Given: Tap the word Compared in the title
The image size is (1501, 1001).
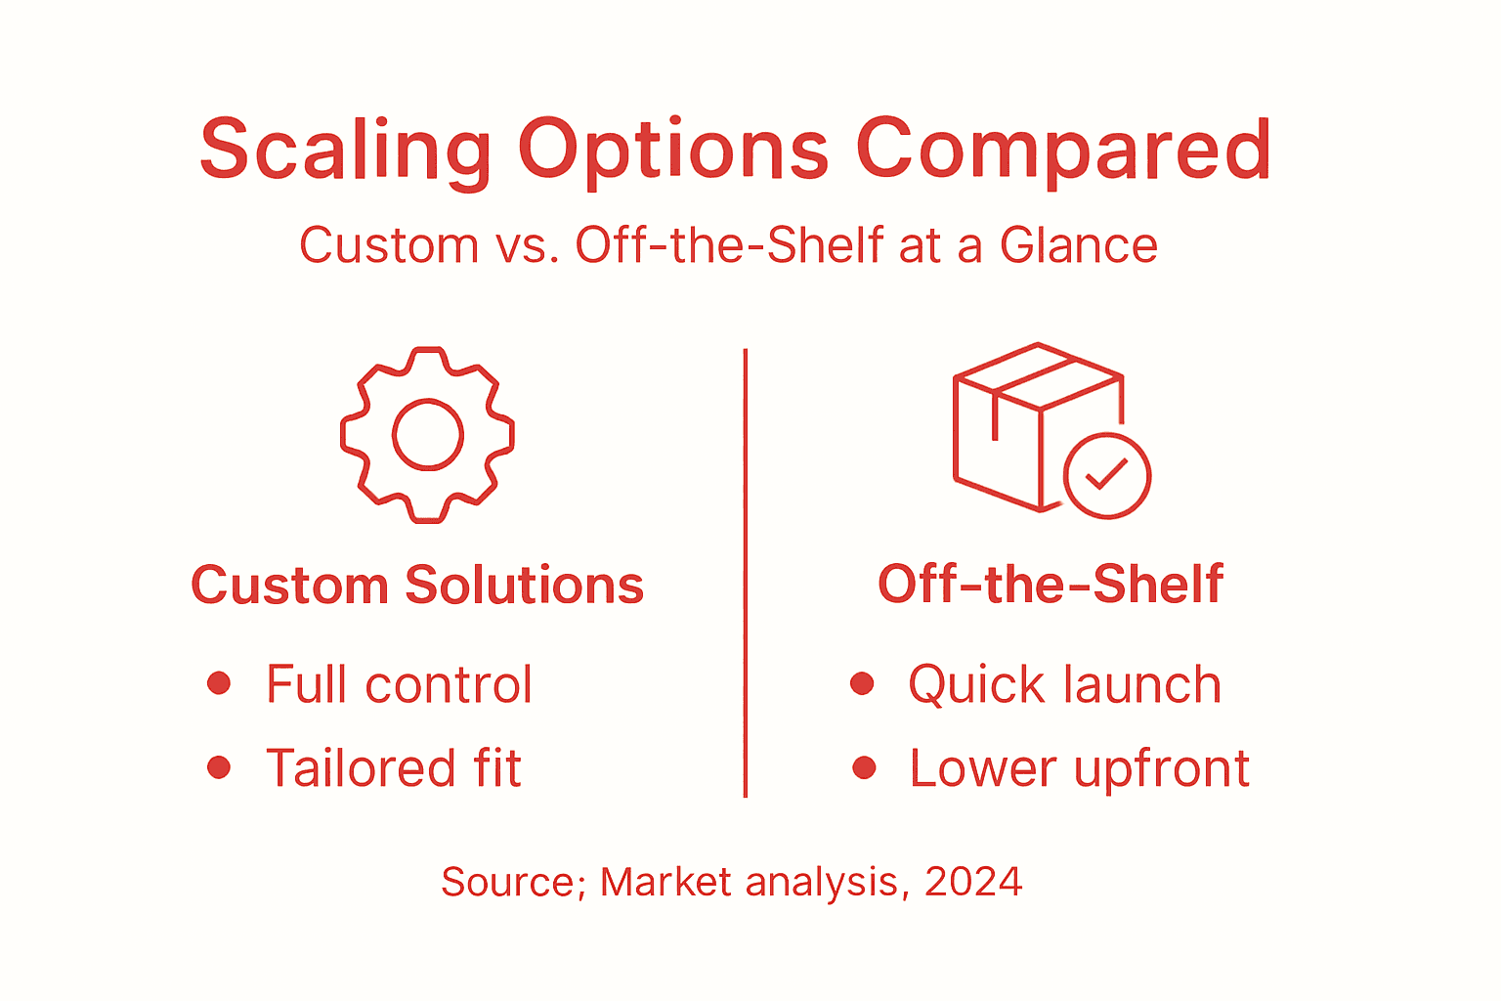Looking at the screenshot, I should (x=1063, y=150).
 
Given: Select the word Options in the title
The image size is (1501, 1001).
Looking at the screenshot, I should (x=673, y=150).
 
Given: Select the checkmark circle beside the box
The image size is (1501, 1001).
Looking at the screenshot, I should (x=1106, y=476).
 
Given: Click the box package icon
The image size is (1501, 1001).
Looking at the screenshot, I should (x=1026, y=420).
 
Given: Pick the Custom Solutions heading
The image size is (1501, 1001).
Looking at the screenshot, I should (x=417, y=586).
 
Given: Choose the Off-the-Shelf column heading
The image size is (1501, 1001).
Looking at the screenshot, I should (x=1051, y=585).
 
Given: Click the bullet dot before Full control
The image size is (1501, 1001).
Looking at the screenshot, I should (x=219, y=682).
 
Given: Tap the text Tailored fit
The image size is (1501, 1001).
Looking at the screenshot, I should (x=394, y=768).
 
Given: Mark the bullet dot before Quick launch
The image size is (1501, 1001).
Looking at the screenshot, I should (x=862, y=683).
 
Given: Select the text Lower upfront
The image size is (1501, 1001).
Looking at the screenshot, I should (x=1079, y=768).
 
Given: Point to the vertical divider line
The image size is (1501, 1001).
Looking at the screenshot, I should (x=746, y=572).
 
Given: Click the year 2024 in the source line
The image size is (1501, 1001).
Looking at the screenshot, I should (x=973, y=882).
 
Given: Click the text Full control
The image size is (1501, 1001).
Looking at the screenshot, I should (x=399, y=684).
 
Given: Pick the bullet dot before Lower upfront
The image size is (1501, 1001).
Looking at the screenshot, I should (x=863, y=767).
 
